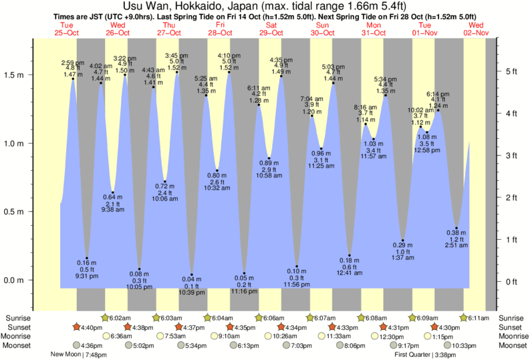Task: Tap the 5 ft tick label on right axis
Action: (511, 71)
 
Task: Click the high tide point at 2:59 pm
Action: (73, 79)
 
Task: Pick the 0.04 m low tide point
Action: (192, 275)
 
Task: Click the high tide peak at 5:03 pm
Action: (334, 83)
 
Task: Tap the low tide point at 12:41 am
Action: (350, 255)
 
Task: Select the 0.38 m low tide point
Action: (456, 228)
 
